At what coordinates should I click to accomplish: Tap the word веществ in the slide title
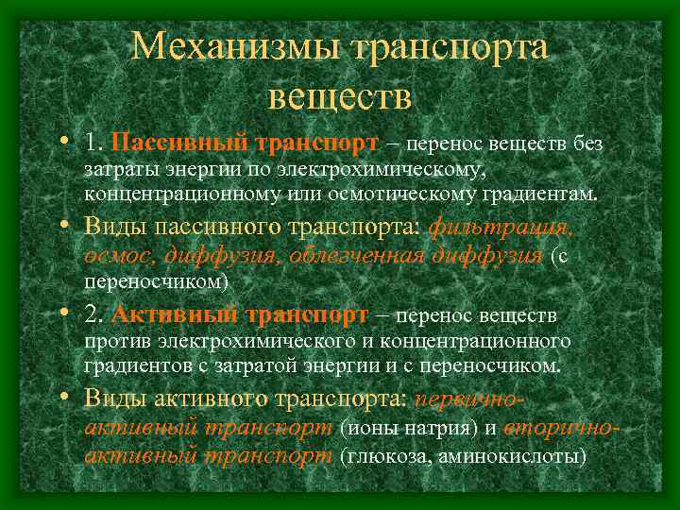(x=340, y=94)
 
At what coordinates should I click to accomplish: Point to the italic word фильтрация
(x=501, y=229)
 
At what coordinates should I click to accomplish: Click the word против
(x=112, y=340)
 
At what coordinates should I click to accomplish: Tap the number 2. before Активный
(x=93, y=314)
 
